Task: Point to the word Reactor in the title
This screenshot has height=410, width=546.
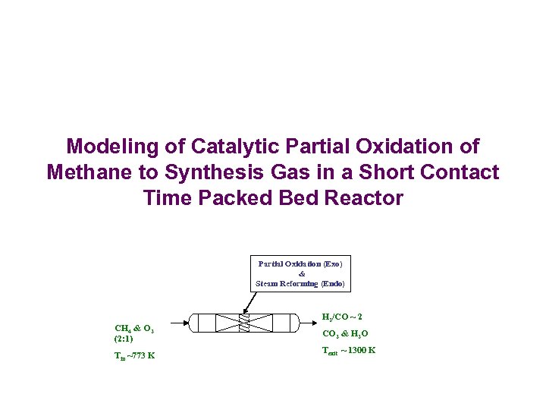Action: click(x=362, y=198)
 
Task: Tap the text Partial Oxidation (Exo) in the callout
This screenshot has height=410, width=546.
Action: click(x=300, y=263)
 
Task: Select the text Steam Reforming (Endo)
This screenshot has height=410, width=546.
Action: click(x=300, y=283)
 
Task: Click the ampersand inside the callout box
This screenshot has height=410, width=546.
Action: click(x=301, y=273)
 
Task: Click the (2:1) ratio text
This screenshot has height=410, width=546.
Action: click(x=124, y=338)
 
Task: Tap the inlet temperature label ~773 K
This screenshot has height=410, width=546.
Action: click(x=135, y=355)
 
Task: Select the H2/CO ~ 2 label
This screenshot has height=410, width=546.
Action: click(x=342, y=316)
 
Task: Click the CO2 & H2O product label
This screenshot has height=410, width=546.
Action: click(x=345, y=333)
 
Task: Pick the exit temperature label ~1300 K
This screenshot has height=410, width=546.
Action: click(x=349, y=350)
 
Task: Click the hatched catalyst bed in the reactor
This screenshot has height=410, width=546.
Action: click(x=243, y=323)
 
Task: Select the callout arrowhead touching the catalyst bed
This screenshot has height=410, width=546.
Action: click(x=244, y=313)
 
